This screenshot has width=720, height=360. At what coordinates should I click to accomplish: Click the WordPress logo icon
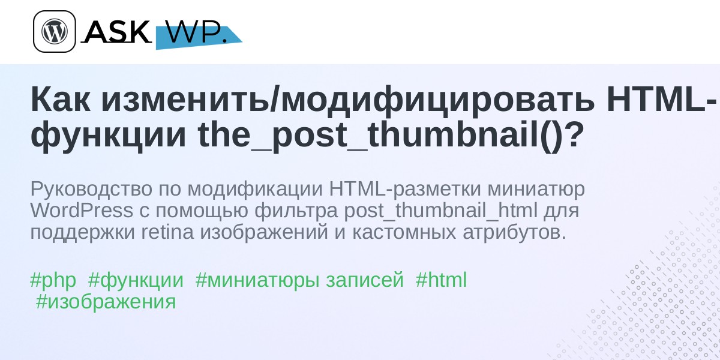point(55,31)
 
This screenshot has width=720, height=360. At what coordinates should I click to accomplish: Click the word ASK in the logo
point(116,32)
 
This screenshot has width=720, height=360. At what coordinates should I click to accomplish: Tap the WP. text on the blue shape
point(197,32)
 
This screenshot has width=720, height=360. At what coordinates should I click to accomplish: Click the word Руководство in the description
point(91,190)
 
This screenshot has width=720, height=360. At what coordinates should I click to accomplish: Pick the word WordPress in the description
point(82,211)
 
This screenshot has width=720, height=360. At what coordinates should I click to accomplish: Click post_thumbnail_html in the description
point(440,211)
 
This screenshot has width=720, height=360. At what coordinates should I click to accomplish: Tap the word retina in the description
point(168,233)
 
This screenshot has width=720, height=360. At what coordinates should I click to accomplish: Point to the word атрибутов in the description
point(514,233)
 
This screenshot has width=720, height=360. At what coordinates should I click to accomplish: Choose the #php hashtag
point(53,280)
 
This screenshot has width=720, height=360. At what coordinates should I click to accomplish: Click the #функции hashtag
point(136,281)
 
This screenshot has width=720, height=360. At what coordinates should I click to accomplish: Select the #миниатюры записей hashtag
point(299,280)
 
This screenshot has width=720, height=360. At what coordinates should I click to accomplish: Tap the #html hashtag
point(441,280)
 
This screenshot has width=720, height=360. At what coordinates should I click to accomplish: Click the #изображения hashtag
point(106,302)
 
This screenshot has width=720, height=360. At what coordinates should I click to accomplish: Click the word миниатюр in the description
point(536,190)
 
